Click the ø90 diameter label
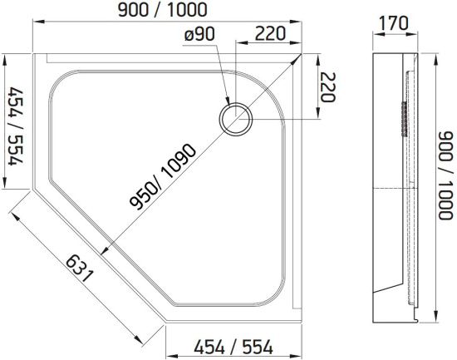tap(200, 34)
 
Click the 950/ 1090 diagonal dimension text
tap(163, 177)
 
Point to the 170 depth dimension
tap(395, 23)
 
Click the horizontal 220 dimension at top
tap(270, 33)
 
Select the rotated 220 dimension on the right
tap(328, 86)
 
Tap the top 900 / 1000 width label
tap(163, 10)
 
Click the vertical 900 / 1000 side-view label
tap(446, 175)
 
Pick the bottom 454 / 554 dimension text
tap(233, 348)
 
